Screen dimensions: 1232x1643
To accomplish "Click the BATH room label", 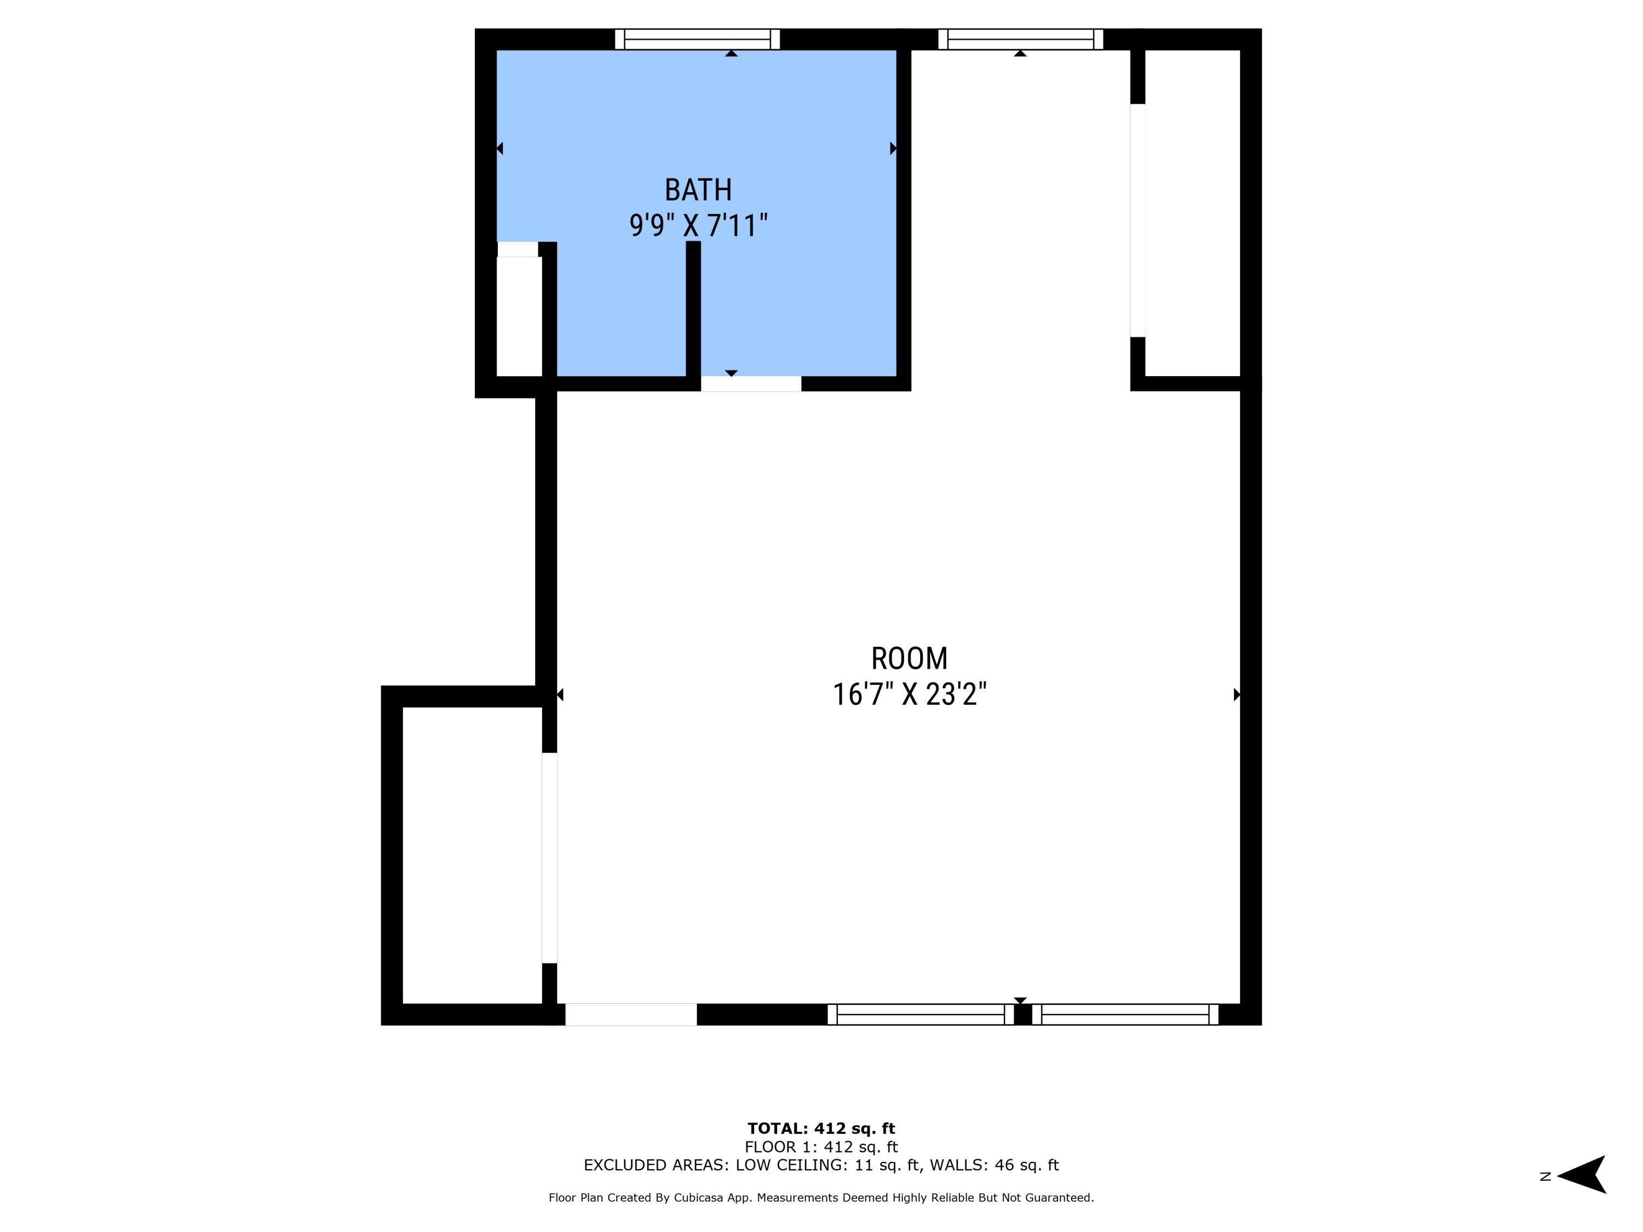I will pyautogui.click(x=698, y=190).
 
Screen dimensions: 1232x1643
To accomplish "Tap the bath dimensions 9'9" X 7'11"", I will pyautogui.click(x=698, y=225).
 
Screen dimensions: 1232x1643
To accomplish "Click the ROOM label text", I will pyautogui.click(x=909, y=659).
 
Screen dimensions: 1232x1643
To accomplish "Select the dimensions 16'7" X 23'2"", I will pyautogui.click(x=909, y=695).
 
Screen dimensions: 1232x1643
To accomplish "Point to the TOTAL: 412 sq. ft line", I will pyautogui.click(x=821, y=1129).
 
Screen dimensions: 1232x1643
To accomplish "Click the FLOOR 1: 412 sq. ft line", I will pyautogui.click(x=821, y=1147).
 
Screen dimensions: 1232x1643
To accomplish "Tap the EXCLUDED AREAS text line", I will pyautogui.click(x=821, y=1165).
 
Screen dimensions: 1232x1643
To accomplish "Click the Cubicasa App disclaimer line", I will pyautogui.click(x=821, y=1198).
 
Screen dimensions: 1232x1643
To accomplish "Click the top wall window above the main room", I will pyautogui.click(x=1020, y=39).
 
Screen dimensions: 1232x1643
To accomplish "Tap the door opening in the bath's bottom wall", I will pyautogui.click(x=751, y=384).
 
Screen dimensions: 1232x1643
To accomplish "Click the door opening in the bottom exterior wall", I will pyautogui.click(x=630, y=1015).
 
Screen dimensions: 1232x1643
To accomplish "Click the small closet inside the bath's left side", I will pyautogui.click(x=519, y=315).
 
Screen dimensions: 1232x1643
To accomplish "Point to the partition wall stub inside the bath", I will pyautogui.click(x=693, y=308).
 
